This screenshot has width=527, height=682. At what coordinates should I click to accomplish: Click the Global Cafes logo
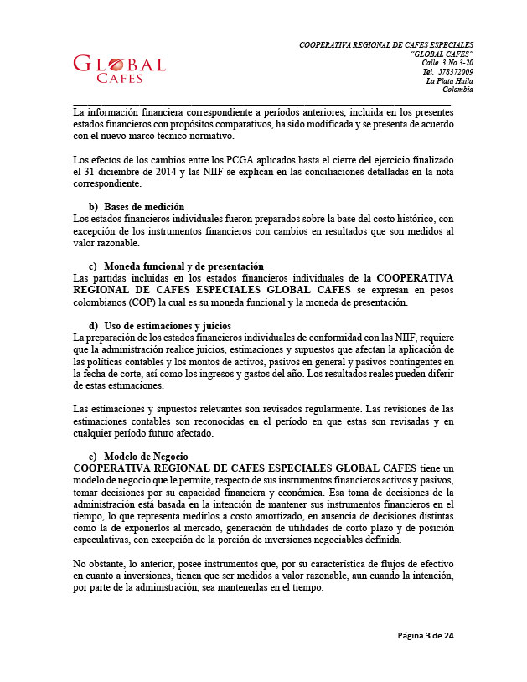(x=120, y=69)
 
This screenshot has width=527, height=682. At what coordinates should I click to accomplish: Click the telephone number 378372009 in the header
(x=456, y=72)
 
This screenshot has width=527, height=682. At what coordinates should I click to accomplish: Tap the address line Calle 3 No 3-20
(x=447, y=63)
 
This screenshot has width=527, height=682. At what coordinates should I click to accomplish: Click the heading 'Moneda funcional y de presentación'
(x=183, y=266)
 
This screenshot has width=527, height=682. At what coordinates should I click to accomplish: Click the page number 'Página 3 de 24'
(x=425, y=636)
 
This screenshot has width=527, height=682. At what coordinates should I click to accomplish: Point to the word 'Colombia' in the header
(x=457, y=90)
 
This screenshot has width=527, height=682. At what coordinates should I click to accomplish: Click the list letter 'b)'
(x=93, y=207)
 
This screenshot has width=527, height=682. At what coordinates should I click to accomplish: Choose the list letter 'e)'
(x=93, y=456)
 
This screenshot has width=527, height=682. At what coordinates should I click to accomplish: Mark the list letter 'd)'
(x=93, y=325)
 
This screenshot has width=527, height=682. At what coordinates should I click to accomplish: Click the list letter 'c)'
(x=93, y=266)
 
